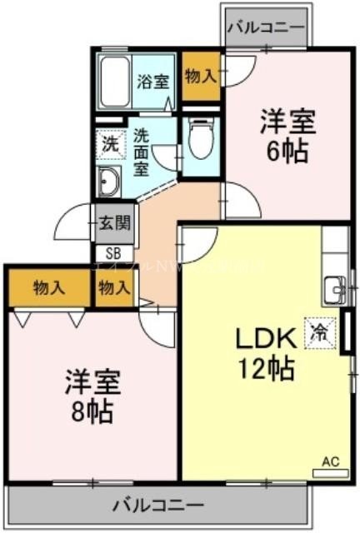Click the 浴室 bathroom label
[153, 82]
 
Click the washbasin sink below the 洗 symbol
[108, 180]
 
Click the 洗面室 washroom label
[142, 151]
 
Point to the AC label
[330, 461]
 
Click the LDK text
[265, 340]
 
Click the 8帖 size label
[92, 410]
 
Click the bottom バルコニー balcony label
[157, 506]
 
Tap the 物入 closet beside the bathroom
[201, 76]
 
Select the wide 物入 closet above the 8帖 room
[49, 288]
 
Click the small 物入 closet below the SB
[114, 288]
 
